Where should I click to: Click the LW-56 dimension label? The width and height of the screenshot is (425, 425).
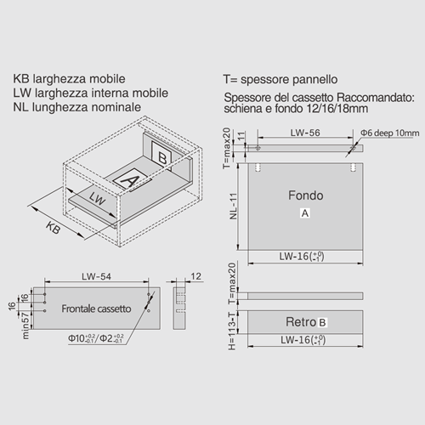pos(305,133)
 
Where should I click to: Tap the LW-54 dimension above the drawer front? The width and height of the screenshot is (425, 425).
pos(96,276)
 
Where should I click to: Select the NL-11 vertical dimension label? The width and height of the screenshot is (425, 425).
pos(233,206)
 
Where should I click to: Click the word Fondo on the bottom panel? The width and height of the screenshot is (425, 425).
pos(306,195)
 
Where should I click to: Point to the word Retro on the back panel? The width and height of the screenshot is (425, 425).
pos(301,322)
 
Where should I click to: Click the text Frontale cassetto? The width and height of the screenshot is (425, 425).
pos(96,309)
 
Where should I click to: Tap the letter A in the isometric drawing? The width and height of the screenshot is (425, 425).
pos(130,180)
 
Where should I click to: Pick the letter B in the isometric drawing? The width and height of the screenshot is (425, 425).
pos(162,158)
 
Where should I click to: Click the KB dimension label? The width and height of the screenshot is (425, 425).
pos(53,228)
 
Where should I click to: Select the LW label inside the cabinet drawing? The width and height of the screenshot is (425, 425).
pos(97,198)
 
